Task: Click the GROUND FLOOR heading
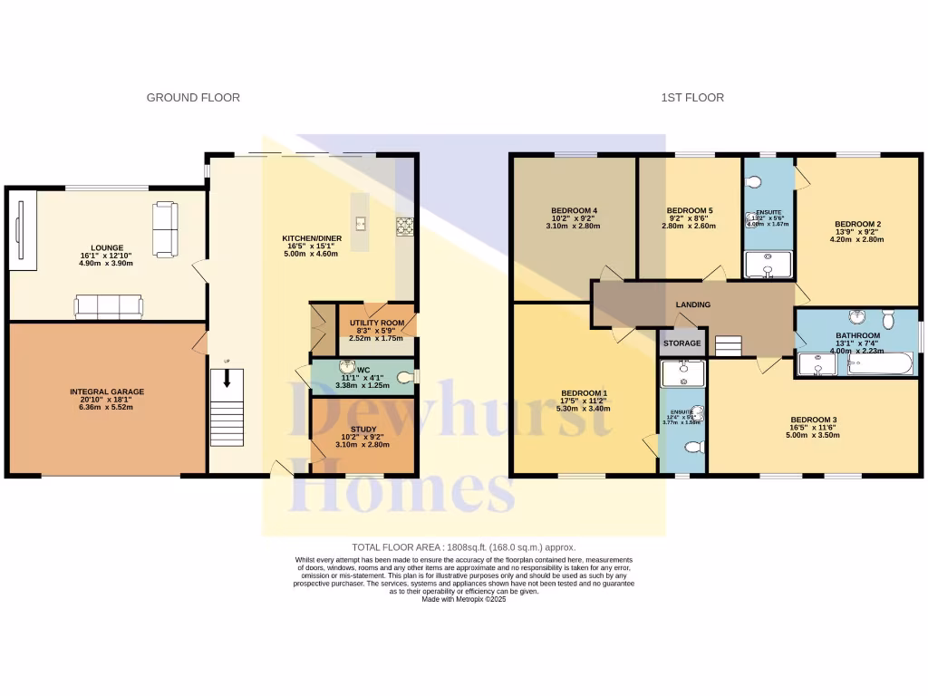point(193,97)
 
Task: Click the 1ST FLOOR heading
point(692,97)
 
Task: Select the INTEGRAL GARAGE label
point(107,392)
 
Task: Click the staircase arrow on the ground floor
point(227,380)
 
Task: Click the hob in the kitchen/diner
point(404,225)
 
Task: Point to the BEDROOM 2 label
point(857,224)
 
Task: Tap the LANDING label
point(692,304)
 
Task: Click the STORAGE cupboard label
point(682,343)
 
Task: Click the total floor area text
point(463,547)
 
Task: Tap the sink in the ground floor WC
point(348,367)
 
